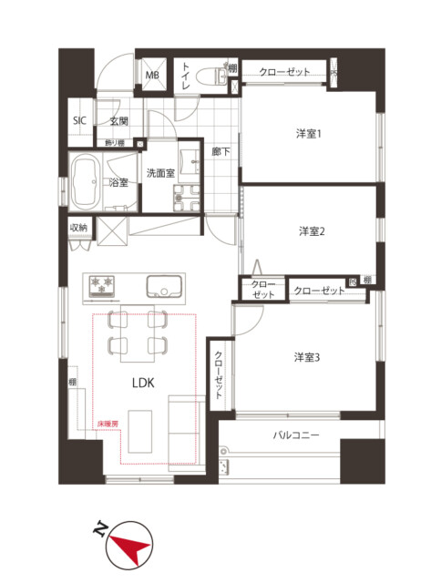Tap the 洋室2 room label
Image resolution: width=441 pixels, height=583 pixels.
coord(312,231)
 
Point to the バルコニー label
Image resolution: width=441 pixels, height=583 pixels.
coord(296,436)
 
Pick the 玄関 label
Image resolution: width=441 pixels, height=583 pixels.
coord(119,121)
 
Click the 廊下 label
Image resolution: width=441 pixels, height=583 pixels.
coord(220,152)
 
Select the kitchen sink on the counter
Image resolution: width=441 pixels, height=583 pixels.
coord(162,286)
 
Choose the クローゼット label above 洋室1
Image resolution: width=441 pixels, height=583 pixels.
coord(284,71)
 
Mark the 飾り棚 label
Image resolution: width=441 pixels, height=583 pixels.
coord(115,142)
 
